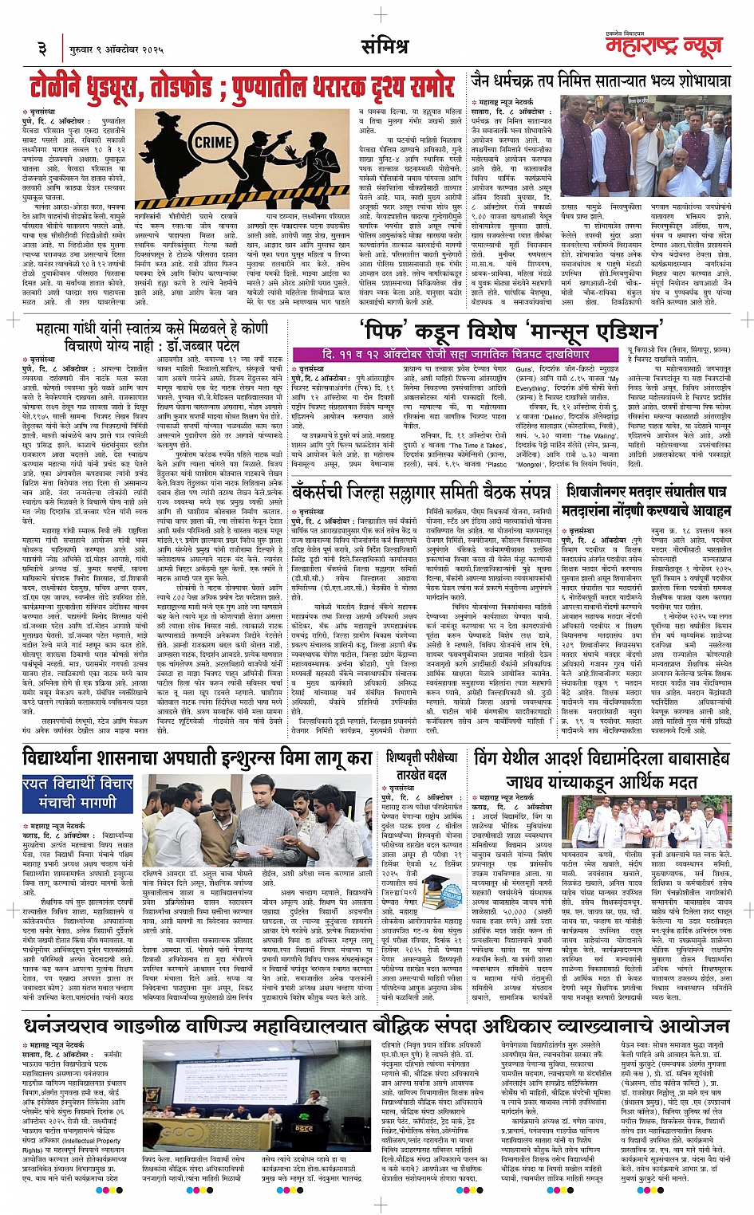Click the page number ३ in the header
tap(42, 49)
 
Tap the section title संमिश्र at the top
tap(384, 47)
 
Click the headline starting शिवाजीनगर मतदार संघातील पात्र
tap(645, 491)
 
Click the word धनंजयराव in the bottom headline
tap(80, 1024)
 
